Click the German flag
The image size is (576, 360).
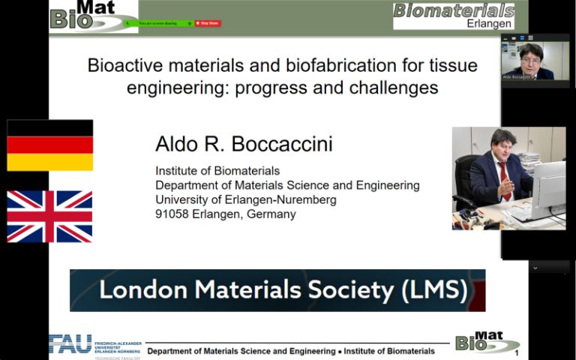[49, 145]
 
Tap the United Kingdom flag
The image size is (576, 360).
[49, 216]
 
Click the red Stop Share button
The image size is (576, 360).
[208, 23]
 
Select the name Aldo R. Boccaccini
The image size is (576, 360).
[234, 144]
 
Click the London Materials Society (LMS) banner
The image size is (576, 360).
[277, 290]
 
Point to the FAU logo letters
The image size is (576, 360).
[70, 343]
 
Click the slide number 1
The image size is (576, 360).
[517, 353]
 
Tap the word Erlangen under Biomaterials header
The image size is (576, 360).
[488, 23]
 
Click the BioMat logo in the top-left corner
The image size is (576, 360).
[83, 14]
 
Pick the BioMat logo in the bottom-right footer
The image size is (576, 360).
[487, 343]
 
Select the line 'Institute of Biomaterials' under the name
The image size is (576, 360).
[217, 171]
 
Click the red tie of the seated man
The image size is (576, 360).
[505, 181]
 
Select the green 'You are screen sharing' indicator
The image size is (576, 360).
[158, 23]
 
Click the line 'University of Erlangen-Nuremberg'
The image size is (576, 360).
[246, 199]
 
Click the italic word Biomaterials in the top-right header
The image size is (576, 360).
[454, 10]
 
